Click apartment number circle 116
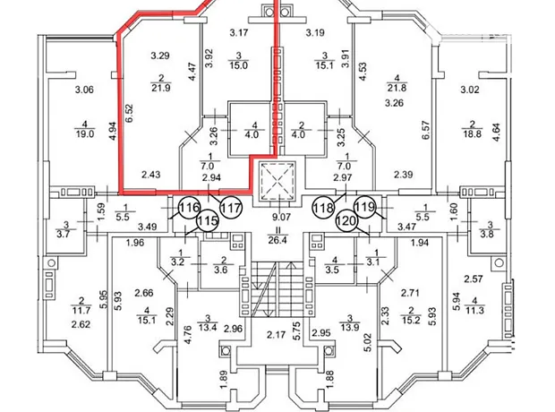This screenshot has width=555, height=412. (189, 207)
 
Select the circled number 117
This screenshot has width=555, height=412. (231, 208)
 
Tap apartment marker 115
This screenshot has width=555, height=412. (207, 221)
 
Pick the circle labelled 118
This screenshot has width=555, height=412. (323, 208)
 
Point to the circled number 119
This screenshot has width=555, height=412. (365, 207)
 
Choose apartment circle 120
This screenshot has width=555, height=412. (346, 220)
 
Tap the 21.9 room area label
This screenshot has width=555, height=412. (161, 88)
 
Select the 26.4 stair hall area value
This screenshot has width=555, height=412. (277, 241)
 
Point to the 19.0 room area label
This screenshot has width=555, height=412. (85, 134)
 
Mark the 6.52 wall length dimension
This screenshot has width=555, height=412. (129, 114)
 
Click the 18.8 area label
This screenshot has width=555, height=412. (472, 134)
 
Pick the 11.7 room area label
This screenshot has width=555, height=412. (81, 311)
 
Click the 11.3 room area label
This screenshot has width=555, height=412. (475, 311)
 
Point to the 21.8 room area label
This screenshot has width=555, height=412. (397, 88)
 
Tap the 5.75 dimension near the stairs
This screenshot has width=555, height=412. (297, 330)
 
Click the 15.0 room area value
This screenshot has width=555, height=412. (239, 65)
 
